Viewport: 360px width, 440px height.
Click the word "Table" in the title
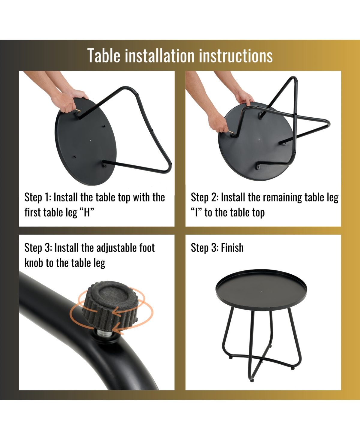click(103, 56)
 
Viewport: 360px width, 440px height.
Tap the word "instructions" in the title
click(236, 56)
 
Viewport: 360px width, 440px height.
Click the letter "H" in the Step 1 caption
click(87, 212)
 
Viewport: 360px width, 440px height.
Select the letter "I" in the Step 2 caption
click(196, 212)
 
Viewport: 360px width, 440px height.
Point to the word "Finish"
click(232, 248)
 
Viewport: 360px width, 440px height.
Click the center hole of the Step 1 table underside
click(90, 140)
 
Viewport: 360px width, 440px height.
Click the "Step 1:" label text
click(38, 197)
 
